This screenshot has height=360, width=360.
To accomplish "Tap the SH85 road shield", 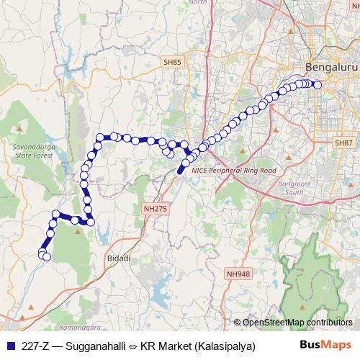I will coord(172,63).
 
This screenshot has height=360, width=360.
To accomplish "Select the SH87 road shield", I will coord(343,143).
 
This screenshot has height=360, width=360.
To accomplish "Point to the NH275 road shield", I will coord(152,208).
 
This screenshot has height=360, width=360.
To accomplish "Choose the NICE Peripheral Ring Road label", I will coord(234,171).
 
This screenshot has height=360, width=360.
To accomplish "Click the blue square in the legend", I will coord(11,346).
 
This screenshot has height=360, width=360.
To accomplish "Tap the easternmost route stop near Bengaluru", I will coord(317,84).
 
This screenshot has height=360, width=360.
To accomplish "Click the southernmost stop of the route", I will coord(47,256).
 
